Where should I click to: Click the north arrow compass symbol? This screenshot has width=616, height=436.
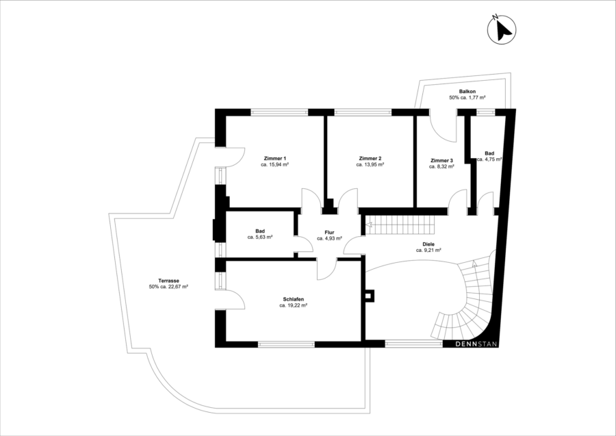pyautogui.click(x=502, y=29)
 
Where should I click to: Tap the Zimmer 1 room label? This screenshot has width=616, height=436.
pyautogui.click(x=275, y=158)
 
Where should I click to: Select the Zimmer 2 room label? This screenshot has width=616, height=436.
pyautogui.click(x=370, y=158)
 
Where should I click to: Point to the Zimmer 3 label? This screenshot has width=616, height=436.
pyautogui.click(x=441, y=160)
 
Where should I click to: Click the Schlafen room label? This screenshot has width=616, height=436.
pyautogui.click(x=293, y=299)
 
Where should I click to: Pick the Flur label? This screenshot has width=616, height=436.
pyautogui.click(x=329, y=232)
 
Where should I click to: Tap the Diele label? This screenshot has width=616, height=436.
pyautogui.click(x=428, y=244)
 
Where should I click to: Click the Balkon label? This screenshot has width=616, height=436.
pyautogui.click(x=467, y=91)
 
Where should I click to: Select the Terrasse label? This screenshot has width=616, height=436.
pyautogui.click(x=168, y=281)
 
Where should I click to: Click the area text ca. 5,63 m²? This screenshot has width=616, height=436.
pyautogui.click(x=260, y=238)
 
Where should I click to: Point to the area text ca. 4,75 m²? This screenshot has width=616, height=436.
pyautogui.click(x=489, y=159)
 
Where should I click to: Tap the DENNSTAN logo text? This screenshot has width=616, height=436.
pyautogui.click(x=476, y=344)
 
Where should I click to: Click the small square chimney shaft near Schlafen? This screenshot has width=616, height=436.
pyautogui.click(x=370, y=296)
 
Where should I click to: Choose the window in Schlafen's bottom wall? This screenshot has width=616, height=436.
pyautogui.click(x=286, y=344)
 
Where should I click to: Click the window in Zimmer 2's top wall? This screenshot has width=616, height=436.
pyautogui.click(x=363, y=112)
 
